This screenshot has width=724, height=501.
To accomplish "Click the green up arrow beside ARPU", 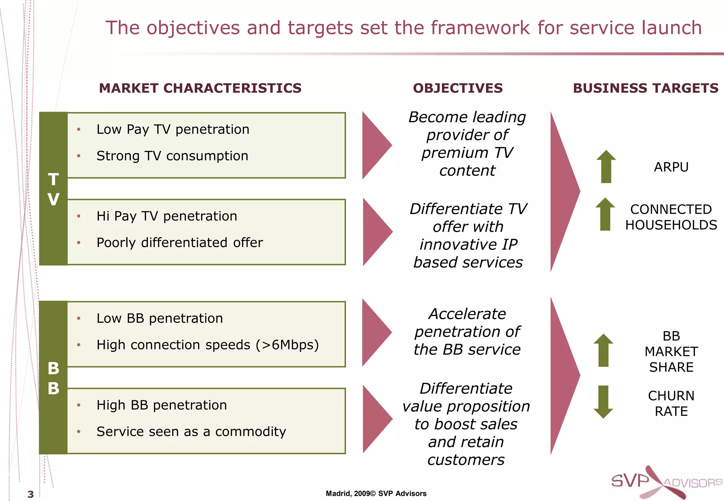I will [606, 166].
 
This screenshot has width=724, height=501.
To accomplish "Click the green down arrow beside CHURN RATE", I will [603, 402].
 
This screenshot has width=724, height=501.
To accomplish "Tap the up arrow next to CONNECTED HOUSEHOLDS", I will [605, 214].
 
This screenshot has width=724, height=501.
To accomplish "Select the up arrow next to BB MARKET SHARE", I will [603, 350].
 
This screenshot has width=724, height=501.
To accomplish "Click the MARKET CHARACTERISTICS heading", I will [200, 88].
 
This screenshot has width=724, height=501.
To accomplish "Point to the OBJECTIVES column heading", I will [457, 88].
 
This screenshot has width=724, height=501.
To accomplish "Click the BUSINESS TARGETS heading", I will [646, 88].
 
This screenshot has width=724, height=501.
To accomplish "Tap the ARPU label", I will [671, 167].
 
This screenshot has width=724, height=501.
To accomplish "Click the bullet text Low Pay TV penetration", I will [173, 129].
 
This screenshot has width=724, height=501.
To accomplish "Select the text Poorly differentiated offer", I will [180, 243].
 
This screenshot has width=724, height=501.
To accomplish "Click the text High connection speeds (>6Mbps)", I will [208, 345].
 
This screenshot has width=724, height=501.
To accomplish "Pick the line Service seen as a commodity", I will [191, 431].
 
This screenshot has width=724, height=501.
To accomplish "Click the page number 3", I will [31, 494].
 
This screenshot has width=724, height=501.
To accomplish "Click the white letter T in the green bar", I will [53, 179].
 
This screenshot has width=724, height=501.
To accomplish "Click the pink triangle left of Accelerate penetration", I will [375, 332].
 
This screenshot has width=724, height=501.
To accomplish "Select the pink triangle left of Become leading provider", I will [375, 145].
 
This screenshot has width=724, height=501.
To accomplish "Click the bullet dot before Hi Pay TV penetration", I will [79, 216].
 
